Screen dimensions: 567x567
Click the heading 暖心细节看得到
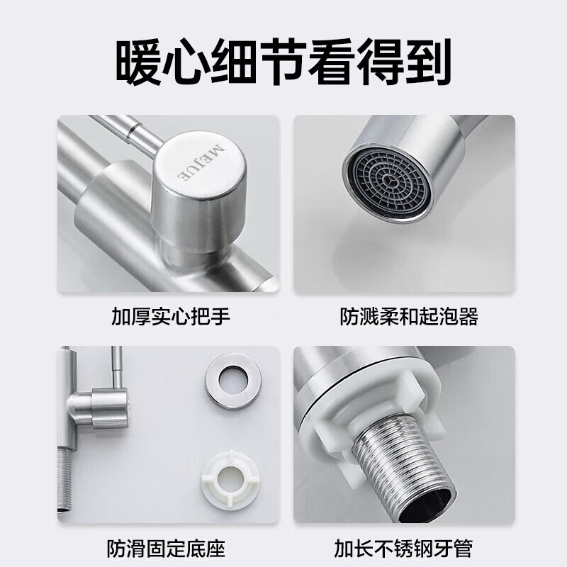[x=283, y=62]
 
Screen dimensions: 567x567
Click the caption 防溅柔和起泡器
[x=408, y=315]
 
